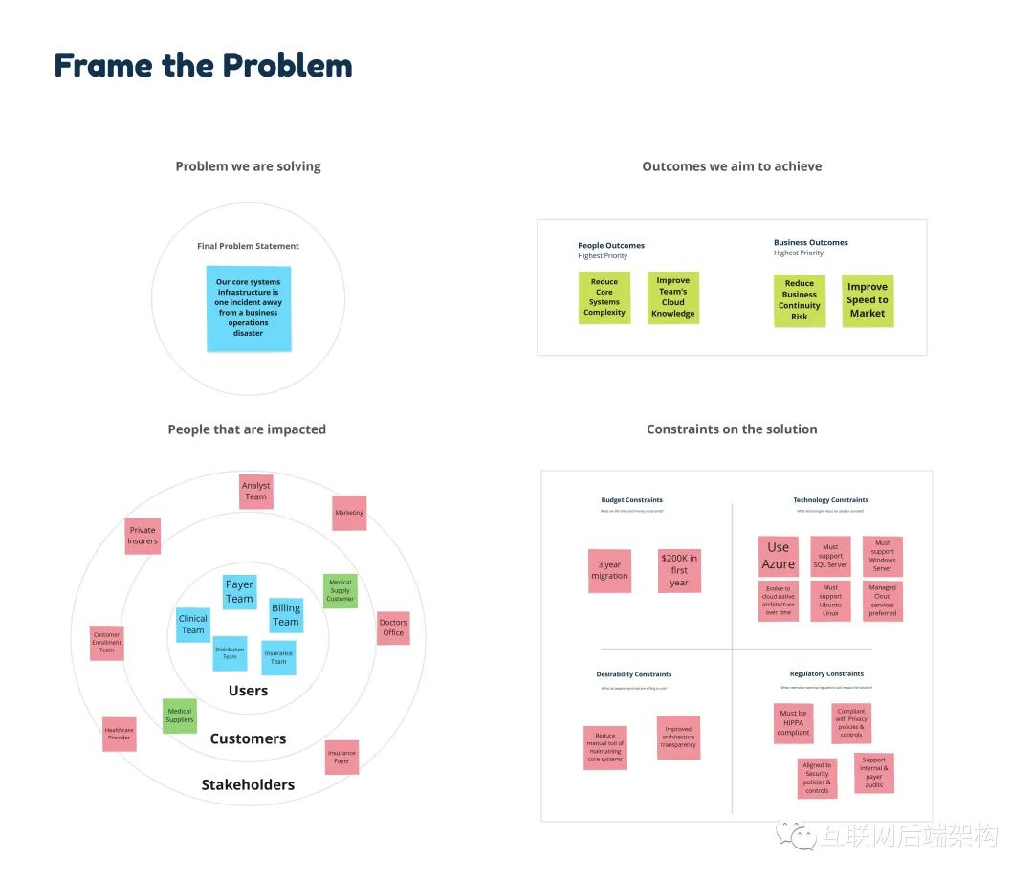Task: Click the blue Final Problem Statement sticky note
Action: tap(249, 308)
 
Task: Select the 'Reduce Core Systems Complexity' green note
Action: tap(604, 297)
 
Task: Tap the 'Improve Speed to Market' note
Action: tap(868, 300)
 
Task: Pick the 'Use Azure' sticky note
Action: tap(779, 556)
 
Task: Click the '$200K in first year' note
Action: tap(679, 570)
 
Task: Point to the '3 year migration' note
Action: tap(609, 570)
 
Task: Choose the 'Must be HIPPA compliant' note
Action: tap(793, 723)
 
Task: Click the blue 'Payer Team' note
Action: tap(239, 591)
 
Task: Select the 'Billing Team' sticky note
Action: tap(285, 614)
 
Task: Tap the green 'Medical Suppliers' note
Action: tap(180, 716)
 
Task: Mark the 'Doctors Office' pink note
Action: tap(393, 628)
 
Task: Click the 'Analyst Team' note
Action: tap(255, 492)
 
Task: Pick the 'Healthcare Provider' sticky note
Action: tap(120, 734)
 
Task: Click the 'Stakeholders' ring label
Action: tap(248, 785)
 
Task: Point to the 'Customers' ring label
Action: tap(248, 738)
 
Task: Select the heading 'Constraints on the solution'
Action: tap(732, 429)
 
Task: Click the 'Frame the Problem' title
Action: tap(204, 65)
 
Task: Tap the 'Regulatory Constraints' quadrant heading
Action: tap(826, 674)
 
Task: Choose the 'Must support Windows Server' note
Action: tap(882, 556)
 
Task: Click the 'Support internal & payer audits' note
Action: tap(874, 773)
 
